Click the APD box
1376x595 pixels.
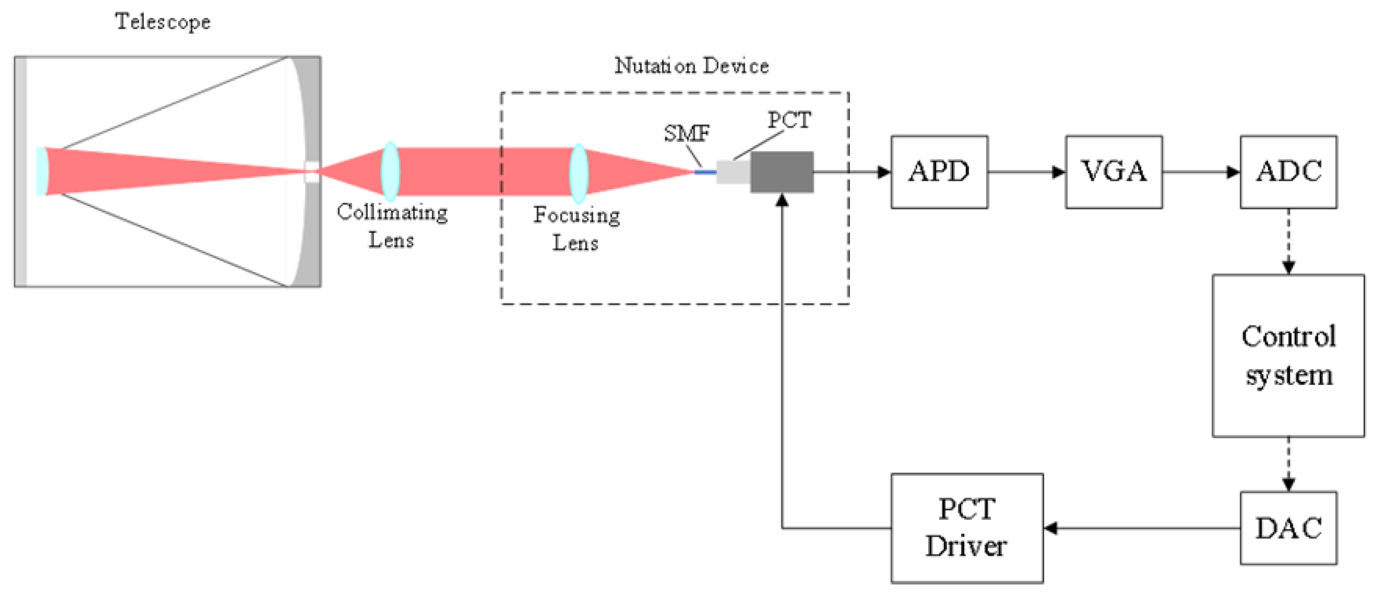point(939,172)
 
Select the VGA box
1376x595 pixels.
point(1114,172)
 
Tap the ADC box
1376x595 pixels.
point(1288,172)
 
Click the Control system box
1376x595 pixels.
point(1288,355)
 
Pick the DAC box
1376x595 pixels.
point(1288,528)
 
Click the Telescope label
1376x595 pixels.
point(163,22)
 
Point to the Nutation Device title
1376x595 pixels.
point(692,66)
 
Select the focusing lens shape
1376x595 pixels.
point(579,173)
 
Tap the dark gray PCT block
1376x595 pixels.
point(782,172)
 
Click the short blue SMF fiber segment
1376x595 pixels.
point(705,172)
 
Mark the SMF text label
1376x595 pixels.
point(687,133)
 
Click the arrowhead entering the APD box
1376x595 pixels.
point(884,172)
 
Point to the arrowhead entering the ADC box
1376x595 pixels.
point(1233,172)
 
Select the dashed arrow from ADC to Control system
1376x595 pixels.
point(1288,241)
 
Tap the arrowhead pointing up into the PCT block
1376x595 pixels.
point(782,200)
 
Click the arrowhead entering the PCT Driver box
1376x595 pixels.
point(1051,528)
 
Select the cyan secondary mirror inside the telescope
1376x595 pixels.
point(41,172)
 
